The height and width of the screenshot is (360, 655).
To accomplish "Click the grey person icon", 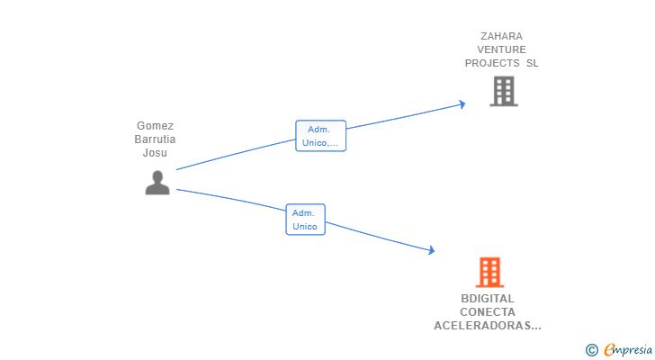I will tap(157, 183).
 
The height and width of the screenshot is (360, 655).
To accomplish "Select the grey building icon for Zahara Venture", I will tap(503, 91).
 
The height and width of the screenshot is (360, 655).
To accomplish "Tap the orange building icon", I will tap(489, 272).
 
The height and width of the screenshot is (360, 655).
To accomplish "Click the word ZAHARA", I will tap(501, 37).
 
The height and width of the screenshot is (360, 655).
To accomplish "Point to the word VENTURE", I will tap(501, 50).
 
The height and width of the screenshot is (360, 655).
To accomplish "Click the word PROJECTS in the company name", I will tap(492, 63).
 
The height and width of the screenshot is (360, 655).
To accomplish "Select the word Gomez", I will tap(155, 126).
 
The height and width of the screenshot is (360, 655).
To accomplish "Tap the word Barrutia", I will tap(155, 139).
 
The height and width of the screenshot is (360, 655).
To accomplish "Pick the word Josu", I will tap(155, 152).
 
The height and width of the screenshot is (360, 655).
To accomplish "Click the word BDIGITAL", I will tap(488, 299).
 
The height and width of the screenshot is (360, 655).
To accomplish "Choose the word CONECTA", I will tap(488, 312).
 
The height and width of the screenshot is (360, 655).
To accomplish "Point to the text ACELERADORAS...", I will tap(483, 326).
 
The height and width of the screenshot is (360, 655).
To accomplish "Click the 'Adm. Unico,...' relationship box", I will tap(321, 136).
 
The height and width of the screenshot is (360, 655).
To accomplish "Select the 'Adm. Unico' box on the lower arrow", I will tap(305, 220).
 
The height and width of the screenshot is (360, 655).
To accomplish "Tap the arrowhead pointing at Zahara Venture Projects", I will tap(462, 104).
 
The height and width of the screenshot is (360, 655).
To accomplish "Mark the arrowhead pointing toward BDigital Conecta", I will tap(431, 251).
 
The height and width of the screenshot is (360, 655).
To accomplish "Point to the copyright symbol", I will tap(592, 350).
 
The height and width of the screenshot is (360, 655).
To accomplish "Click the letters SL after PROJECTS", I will tap(533, 63).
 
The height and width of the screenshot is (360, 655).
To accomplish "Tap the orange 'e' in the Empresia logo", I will tap(609, 350).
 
